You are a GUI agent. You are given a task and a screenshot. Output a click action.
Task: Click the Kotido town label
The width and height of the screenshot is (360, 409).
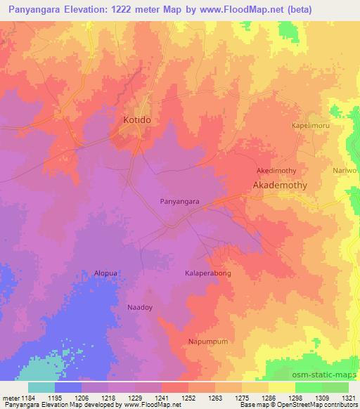[132, 120]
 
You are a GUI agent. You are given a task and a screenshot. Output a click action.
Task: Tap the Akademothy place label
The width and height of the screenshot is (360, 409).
[280, 186]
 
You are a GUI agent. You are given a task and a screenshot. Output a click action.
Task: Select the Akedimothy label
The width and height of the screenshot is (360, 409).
[276, 171]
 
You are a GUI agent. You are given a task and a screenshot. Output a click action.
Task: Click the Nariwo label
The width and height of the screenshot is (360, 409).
[344, 171]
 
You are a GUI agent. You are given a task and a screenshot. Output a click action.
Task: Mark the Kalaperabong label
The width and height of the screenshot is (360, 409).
[208, 273]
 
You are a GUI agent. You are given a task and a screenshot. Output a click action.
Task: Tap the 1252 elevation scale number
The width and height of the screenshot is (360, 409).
[188, 397]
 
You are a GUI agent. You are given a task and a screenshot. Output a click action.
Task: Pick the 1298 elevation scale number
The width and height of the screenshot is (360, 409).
[295, 397]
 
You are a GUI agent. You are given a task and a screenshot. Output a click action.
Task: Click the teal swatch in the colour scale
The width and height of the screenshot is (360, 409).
[41, 387]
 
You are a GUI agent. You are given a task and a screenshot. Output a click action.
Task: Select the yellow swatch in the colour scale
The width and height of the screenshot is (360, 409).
[282, 387]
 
